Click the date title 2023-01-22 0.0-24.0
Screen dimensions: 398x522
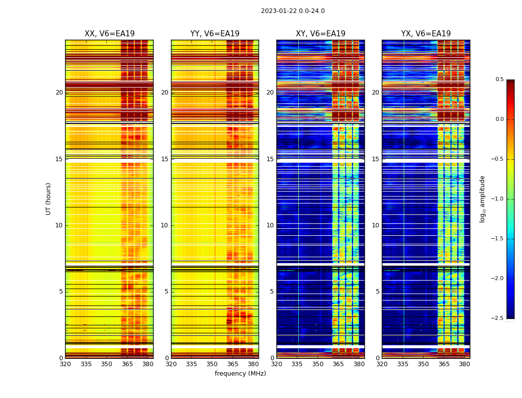[x=293, y=11]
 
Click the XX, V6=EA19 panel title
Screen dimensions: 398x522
[x=109, y=34]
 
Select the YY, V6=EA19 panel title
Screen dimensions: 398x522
[x=215, y=34]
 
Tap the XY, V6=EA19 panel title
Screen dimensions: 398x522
[x=320, y=34]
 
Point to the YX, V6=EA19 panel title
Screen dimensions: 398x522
[x=426, y=34]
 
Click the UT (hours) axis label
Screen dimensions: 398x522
[x=48, y=199]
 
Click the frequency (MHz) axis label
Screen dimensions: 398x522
[x=240, y=374]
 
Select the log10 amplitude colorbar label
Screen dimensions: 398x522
[x=482, y=199]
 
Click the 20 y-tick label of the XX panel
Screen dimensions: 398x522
[x=59, y=93]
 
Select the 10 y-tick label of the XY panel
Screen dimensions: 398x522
[x=270, y=225]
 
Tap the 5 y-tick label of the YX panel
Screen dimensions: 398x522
[x=377, y=292]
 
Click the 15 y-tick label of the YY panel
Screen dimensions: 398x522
[x=165, y=159]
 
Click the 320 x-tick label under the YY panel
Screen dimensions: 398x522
[x=171, y=364]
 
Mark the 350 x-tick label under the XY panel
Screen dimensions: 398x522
[x=318, y=364]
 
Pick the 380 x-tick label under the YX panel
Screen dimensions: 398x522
[x=464, y=364]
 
